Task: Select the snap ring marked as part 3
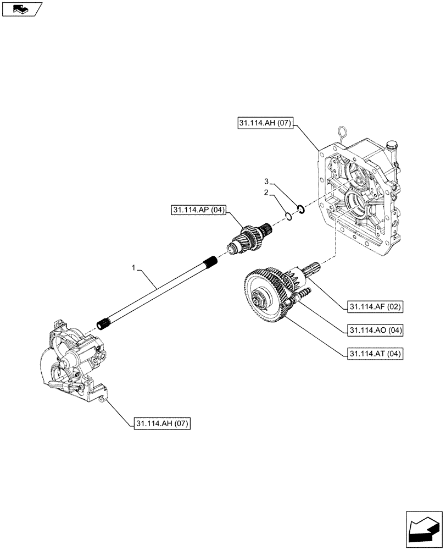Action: (300, 208)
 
